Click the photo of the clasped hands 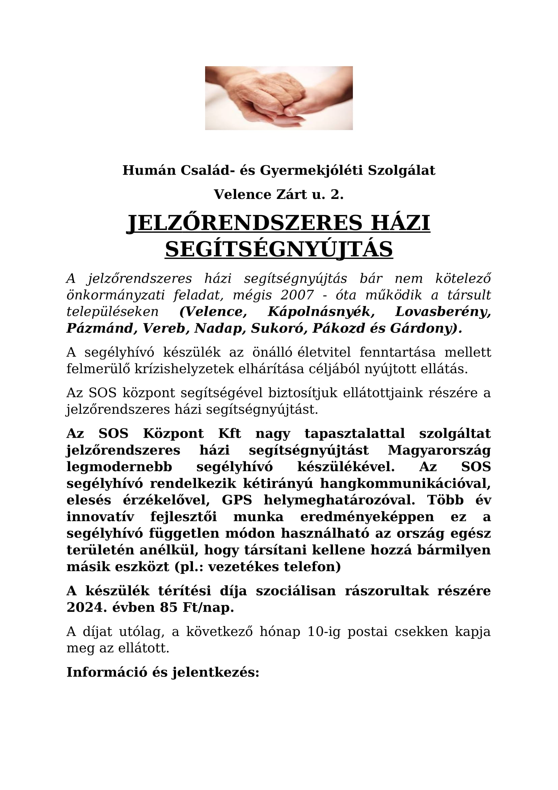coord(279,98)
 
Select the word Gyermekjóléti coord(311,170)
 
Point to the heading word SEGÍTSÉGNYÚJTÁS coord(279,249)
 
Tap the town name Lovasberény coord(443,312)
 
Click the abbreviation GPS coord(237,500)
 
